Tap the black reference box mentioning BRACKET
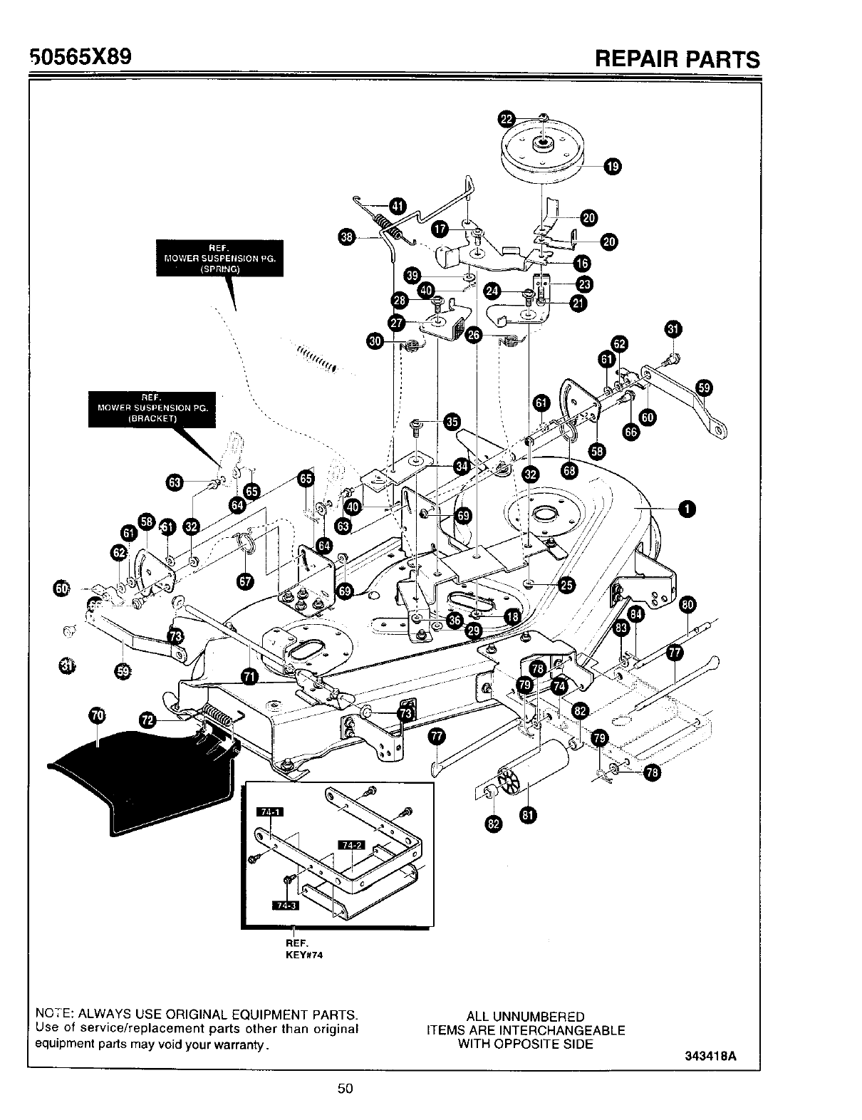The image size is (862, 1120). click(152, 409)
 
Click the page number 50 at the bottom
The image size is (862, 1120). click(346, 1088)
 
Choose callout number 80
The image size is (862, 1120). click(687, 606)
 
